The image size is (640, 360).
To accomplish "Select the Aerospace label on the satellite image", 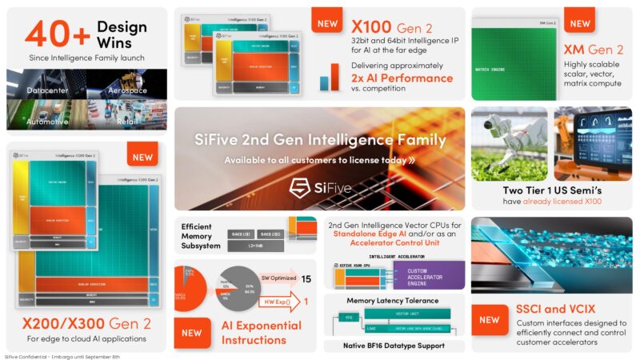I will (128, 90).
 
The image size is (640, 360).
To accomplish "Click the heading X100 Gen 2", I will (382, 27).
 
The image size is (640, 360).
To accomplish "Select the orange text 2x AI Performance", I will (402, 78).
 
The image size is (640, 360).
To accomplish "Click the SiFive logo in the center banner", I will (319, 187).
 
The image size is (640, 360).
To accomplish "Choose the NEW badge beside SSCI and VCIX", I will (489, 319).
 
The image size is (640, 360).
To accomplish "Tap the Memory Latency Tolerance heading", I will (392, 300).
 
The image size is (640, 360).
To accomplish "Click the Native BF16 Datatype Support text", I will (392, 346).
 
